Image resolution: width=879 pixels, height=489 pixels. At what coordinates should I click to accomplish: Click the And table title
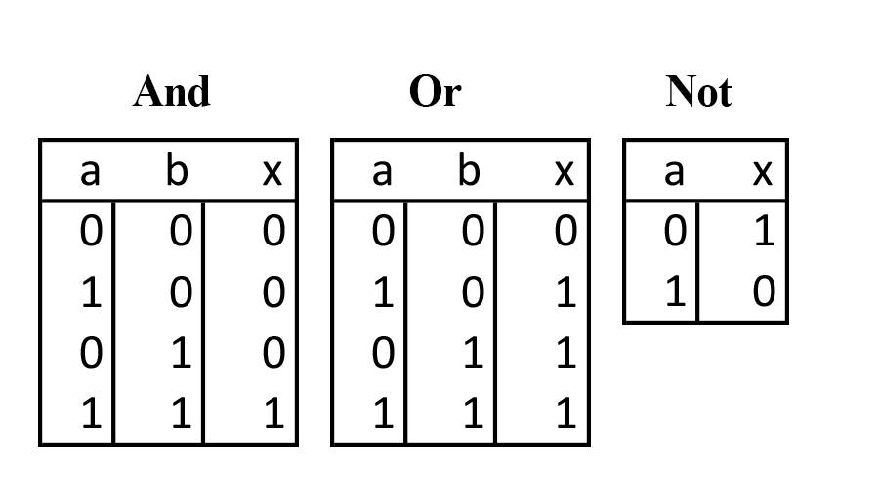pos(172,92)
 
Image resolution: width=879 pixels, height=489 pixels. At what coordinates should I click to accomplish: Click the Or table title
pos(435,92)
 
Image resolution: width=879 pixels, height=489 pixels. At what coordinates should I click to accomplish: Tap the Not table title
pos(698,92)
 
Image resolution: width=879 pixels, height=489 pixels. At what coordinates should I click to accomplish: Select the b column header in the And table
pos(176,171)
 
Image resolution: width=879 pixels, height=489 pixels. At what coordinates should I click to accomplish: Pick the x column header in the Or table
pos(564,171)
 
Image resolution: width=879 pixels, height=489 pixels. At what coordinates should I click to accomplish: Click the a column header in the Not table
pos(673,171)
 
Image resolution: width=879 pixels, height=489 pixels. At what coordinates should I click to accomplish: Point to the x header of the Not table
pos(763,171)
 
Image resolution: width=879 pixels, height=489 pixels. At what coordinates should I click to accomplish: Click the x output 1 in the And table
pos(273,415)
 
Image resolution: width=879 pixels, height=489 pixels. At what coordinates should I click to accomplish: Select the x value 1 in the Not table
pos(764,232)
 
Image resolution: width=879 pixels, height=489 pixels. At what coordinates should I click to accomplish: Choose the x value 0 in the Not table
pos(764,292)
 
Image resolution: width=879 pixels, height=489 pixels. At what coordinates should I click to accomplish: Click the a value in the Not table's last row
pos(674,292)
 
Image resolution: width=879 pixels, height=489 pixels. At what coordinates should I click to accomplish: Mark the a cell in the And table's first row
pos(90,232)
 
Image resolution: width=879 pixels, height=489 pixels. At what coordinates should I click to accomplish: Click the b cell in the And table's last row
pos(180,415)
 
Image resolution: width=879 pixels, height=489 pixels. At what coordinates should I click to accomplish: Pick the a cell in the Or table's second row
pos(383,292)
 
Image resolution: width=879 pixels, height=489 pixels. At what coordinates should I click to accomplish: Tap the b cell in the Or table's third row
pos(473,353)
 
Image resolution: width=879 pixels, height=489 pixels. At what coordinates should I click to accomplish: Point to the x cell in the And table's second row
pos(273,292)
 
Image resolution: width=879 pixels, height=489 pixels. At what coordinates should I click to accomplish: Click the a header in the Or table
pos(382,171)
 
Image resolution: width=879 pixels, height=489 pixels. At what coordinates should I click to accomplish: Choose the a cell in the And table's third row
pos(90,353)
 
